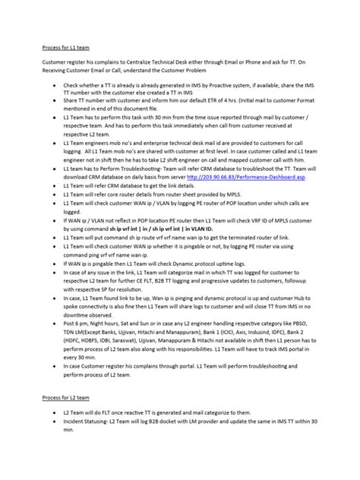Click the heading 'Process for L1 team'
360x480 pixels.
coord(65,46)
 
